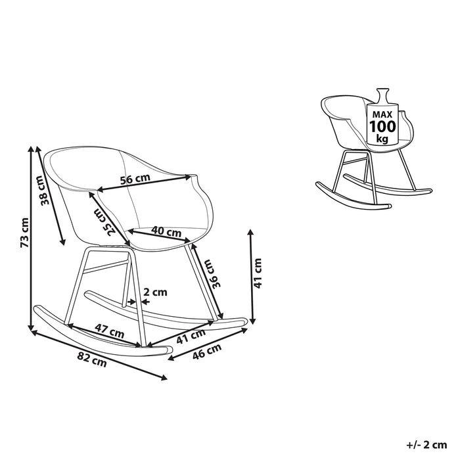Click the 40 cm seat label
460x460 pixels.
[x=166, y=232]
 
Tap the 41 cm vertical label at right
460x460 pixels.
[x=258, y=273]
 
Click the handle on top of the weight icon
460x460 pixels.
[x=382, y=94]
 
